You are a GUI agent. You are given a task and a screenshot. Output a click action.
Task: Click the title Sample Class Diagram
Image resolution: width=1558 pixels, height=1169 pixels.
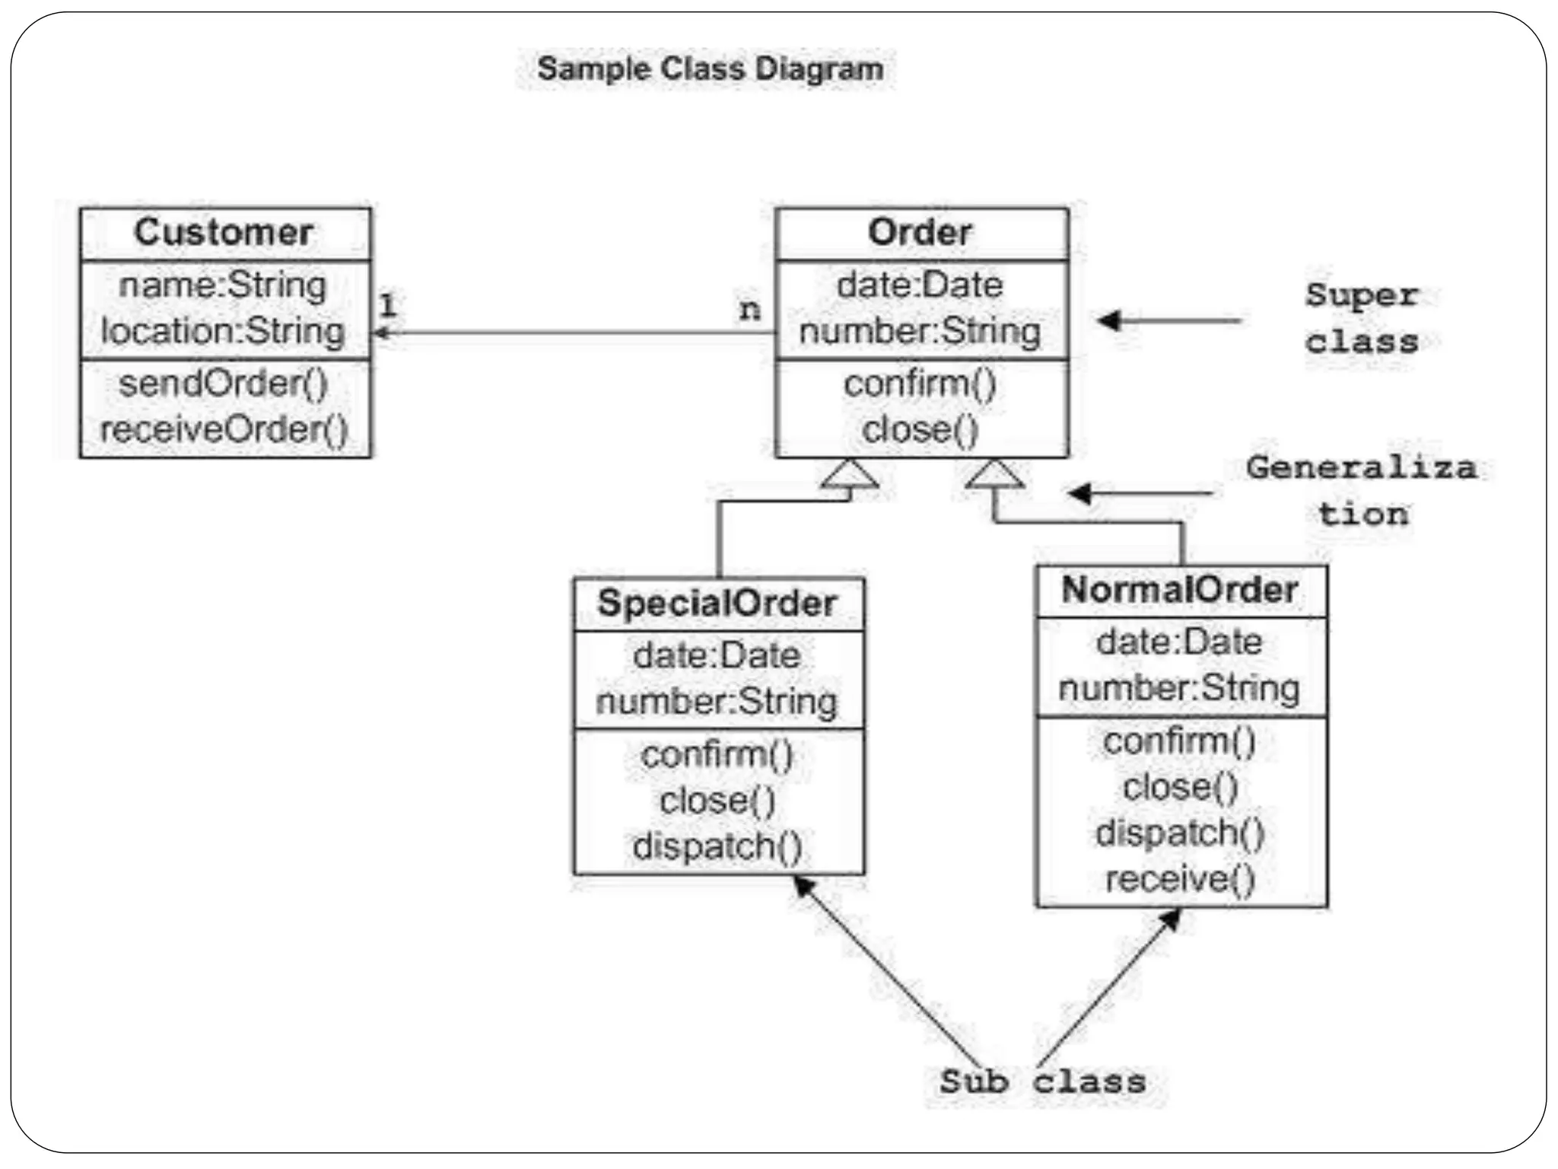click(710, 68)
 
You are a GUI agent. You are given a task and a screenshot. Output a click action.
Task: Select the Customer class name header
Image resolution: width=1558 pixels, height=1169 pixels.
click(224, 232)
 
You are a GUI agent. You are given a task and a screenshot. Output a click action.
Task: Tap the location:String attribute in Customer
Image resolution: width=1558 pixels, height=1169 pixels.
click(223, 331)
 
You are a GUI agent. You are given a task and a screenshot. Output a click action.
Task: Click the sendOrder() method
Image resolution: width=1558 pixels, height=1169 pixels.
click(224, 383)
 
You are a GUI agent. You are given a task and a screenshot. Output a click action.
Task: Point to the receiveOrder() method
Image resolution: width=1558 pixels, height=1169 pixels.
click(224, 429)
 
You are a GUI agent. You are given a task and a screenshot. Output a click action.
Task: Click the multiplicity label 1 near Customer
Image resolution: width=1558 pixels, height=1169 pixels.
click(388, 306)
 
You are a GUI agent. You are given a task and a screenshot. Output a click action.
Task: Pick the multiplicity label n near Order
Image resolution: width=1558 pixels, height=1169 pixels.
click(749, 310)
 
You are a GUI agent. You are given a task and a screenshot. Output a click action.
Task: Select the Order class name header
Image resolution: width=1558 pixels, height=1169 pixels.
click(920, 232)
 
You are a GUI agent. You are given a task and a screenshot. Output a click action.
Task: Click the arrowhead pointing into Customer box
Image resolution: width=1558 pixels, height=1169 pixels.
click(380, 333)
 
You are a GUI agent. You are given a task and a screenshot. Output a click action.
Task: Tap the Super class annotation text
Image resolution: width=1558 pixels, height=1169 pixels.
click(1362, 318)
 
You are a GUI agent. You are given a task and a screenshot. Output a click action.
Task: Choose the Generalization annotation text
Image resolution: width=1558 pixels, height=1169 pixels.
click(1362, 490)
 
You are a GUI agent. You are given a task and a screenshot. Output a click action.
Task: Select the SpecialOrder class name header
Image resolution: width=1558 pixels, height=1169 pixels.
click(717, 603)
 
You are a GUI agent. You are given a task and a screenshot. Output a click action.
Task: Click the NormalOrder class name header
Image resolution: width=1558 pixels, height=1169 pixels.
click(1180, 590)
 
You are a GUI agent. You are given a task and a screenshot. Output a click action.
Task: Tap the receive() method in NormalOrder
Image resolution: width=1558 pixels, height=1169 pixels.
click(1180, 879)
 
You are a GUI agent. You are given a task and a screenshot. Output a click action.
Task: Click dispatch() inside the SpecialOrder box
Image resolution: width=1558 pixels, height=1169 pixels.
click(717, 846)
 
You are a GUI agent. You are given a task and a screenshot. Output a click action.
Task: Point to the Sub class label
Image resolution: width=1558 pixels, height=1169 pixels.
click(1042, 1081)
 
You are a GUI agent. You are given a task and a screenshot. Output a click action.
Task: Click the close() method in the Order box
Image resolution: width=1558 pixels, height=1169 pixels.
click(920, 429)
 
